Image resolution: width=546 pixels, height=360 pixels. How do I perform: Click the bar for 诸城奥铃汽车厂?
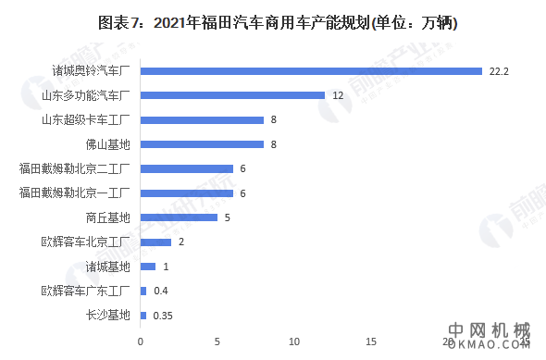(311, 70)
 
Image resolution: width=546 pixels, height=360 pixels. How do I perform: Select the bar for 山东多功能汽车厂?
(232, 95)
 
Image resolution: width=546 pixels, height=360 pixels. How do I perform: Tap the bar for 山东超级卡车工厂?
(202, 119)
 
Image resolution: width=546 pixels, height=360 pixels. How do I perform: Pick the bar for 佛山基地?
(202, 144)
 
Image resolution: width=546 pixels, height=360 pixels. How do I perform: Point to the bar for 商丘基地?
(179, 217)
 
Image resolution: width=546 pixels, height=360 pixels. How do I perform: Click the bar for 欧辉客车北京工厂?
(155, 242)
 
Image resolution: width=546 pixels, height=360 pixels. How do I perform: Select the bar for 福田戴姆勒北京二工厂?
(186, 168)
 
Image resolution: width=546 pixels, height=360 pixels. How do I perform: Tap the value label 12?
(338, 95)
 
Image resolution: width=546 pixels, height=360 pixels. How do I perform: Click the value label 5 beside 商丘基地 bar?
(226, 217)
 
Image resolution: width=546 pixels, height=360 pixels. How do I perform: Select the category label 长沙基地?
(107, 316)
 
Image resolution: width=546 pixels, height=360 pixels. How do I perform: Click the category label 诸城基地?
(107, 267)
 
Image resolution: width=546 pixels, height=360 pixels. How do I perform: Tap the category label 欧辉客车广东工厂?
(88, 292)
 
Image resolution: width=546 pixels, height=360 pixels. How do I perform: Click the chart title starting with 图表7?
(272, 21)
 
